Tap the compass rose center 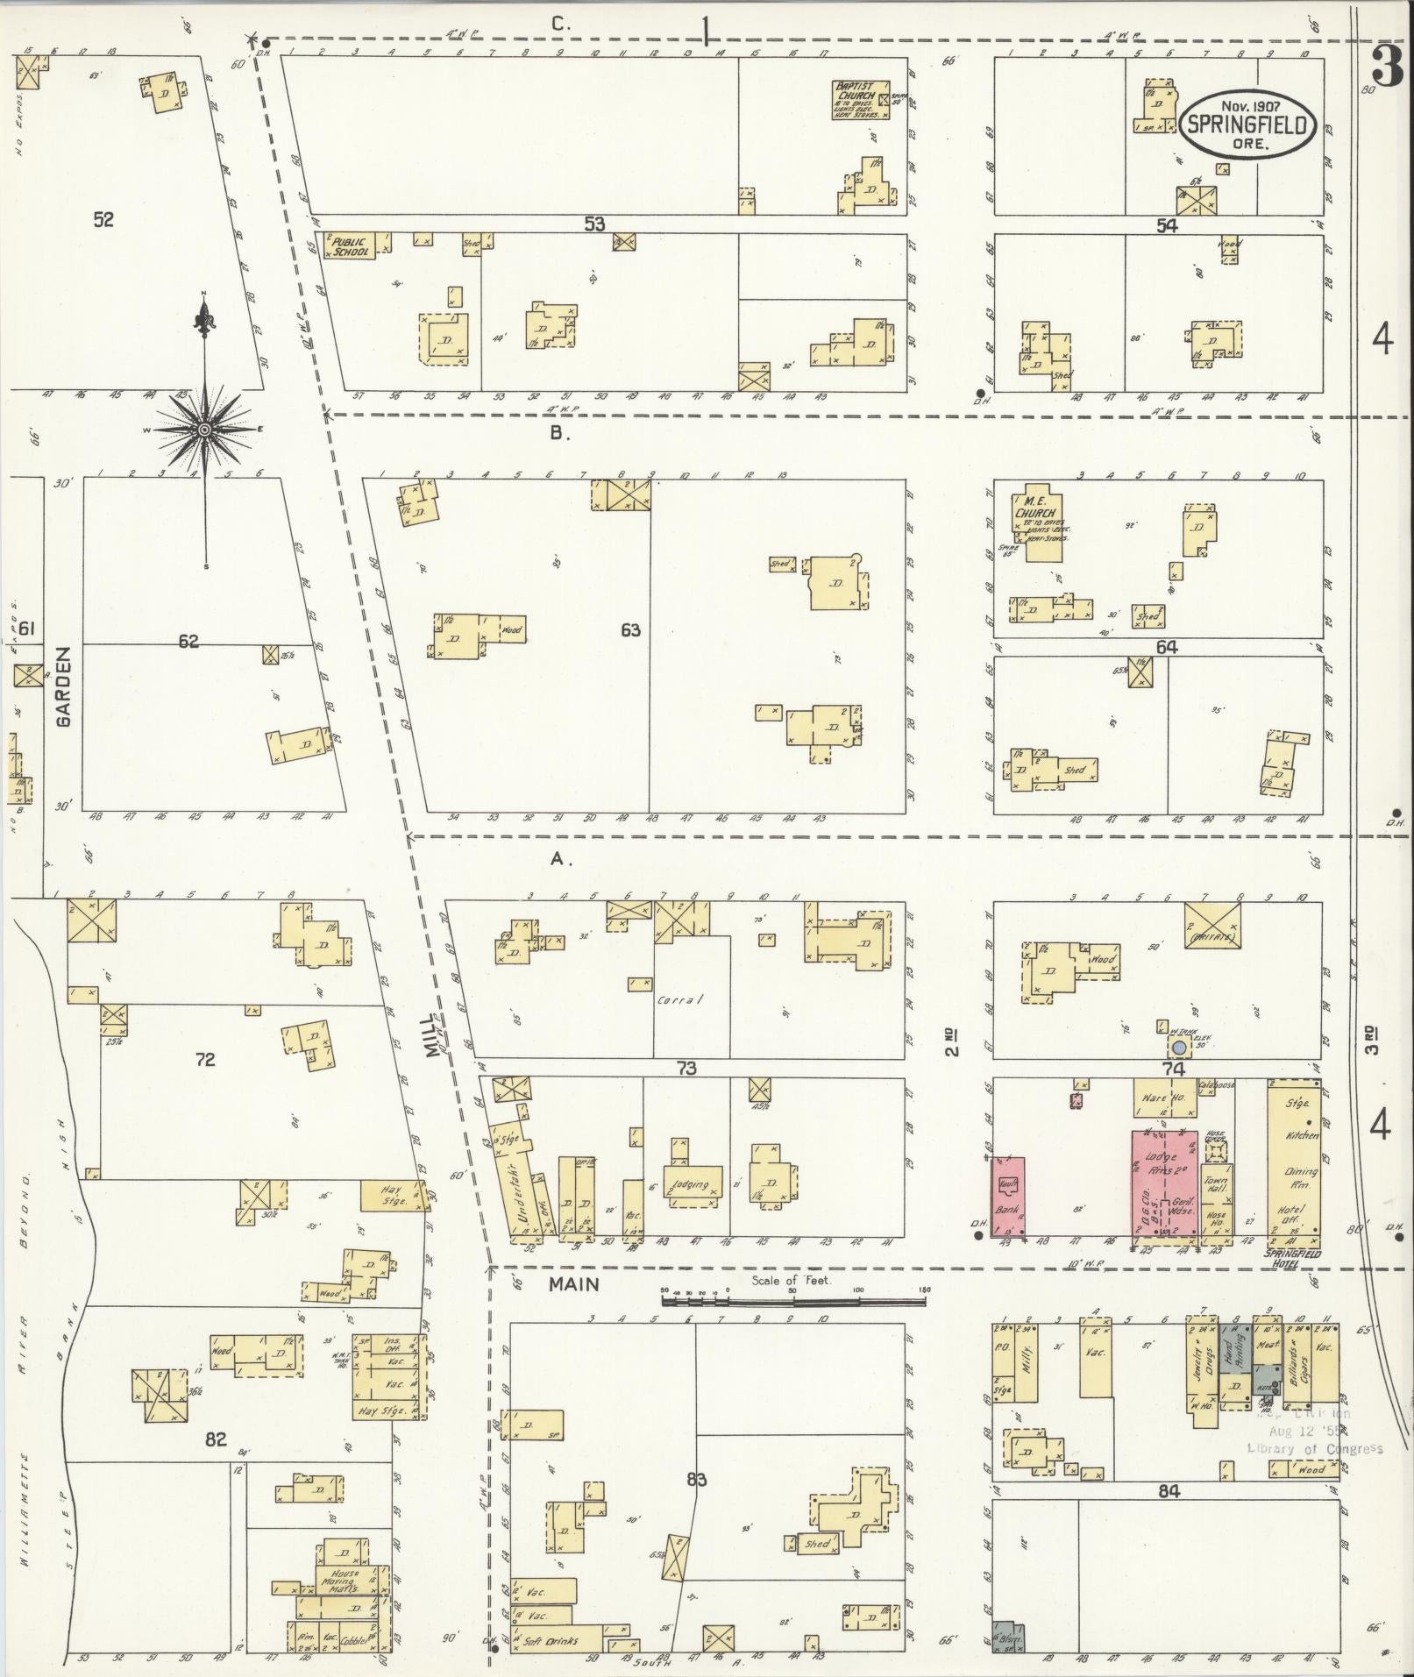tap(204, 429)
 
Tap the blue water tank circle tap(1180, 1048)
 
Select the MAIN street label tap(574, 1284)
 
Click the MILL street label tap(436, 1035)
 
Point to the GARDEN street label tap(64, 686)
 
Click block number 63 tap(629, 629)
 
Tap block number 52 tap(103, 219)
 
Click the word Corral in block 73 tap(680, 999)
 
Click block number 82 tap(216, 1439)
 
